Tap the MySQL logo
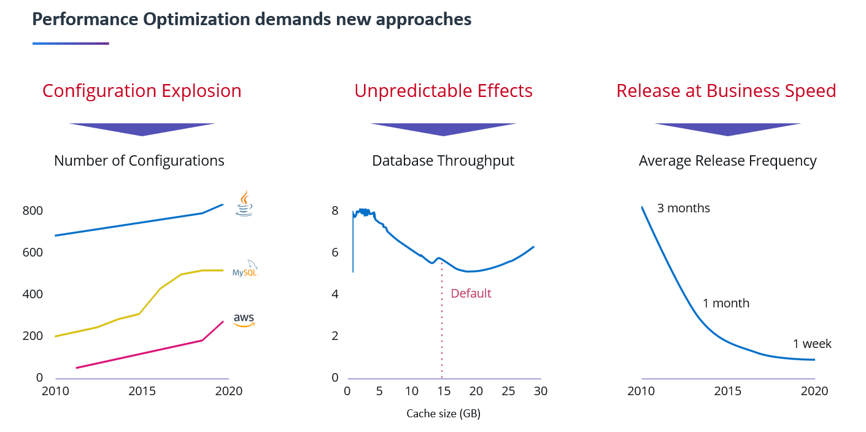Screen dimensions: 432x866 tap(245, 269)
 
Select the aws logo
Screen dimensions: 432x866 tap(244, 320)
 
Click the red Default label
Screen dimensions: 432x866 tap(471, 293)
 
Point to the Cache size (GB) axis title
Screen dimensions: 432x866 tap(443, 414)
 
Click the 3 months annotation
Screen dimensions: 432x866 tap(683, 208)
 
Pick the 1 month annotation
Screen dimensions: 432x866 tap(725, 303)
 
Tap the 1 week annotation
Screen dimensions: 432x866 tap(812, 344)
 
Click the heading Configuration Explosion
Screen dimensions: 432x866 tap(142, 91)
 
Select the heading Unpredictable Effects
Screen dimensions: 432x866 tap(443, 91)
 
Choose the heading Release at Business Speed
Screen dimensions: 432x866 tap(726, 91)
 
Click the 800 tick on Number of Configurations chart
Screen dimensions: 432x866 tap(32, 210)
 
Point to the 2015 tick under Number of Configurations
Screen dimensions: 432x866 tap(142, 391)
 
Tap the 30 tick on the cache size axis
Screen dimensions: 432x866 tap(540, 391)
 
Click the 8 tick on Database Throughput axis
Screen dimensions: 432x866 tap(334, 210)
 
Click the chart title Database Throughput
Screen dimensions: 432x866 tap(443, 161)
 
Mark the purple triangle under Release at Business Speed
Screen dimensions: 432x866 tap(727, 128)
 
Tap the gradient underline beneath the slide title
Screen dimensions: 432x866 tap(71, 44)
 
